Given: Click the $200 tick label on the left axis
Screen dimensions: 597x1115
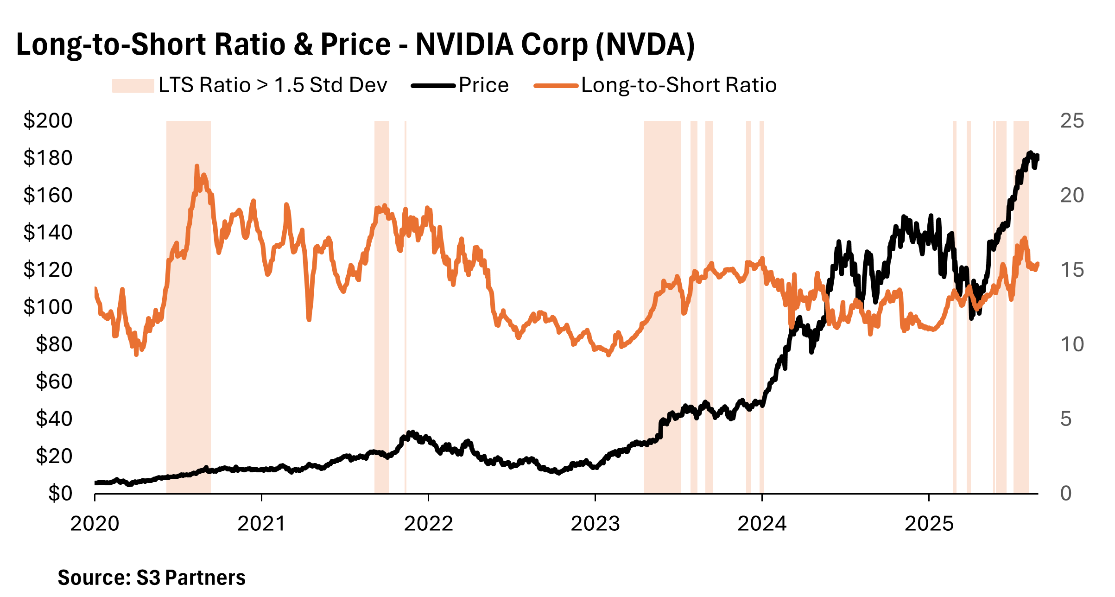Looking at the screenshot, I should tap(48, 121).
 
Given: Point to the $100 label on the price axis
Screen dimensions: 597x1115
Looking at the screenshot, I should tap(48, 307).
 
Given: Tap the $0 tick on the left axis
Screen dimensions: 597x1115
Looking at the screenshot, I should tap(60, 494).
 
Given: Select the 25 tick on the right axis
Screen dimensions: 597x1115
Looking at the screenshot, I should tap(1072, 121).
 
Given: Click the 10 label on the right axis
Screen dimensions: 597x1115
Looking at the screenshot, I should tap(1072, 344).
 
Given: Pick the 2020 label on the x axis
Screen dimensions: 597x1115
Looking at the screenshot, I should tap(95, 524).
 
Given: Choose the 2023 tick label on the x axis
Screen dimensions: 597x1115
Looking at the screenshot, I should tap(595, 524).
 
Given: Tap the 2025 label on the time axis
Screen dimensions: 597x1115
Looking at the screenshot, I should tap(929, 524).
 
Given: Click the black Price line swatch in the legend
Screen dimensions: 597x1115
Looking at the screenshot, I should tap(433, 86).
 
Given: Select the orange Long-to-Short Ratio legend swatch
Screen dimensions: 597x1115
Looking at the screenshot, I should tap(556, 86).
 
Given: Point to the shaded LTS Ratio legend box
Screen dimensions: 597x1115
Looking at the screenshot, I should tap(133, 86).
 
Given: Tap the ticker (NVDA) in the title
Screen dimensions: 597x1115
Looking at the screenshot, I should tap(645, 45).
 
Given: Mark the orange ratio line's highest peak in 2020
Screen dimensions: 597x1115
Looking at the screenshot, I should tap(197, 166).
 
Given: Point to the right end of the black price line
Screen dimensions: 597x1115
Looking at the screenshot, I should tap(1037, 157).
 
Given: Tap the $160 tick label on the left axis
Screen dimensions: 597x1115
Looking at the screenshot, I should tap(48, 196).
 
